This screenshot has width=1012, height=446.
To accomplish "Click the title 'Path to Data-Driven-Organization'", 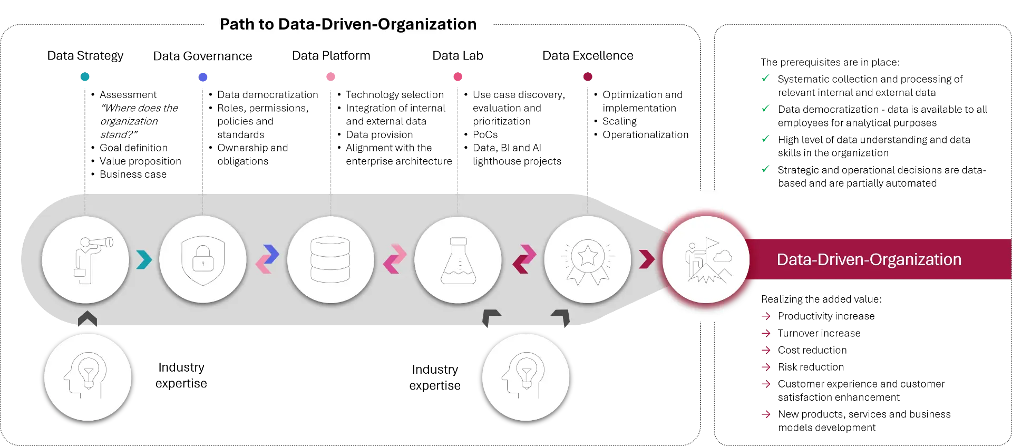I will (348, 24).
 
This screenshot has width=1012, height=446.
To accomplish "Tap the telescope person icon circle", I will (85, 259).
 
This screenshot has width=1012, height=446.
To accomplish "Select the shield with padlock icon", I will (203, 259).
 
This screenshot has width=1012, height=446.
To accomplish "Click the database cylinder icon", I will (330, 259).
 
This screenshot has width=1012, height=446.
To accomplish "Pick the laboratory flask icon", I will (458, 259).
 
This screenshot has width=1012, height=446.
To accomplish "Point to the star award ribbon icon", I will (587, 259).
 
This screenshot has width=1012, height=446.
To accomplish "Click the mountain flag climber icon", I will (706, 259).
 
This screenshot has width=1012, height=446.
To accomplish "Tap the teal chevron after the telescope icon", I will (144, 259).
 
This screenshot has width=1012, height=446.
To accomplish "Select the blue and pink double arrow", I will (267, 259).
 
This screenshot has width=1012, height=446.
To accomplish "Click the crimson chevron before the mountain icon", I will (646, 259).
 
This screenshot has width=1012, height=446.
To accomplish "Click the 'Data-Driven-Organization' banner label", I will (869, 259).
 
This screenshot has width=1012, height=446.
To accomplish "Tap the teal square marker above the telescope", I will (86, 77).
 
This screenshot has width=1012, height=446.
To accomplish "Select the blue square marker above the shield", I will (204, 77).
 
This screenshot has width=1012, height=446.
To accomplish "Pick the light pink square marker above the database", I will (330, 78).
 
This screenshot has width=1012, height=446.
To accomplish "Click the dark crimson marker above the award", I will (588, 77).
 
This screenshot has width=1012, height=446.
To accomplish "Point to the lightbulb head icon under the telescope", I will (87, 377).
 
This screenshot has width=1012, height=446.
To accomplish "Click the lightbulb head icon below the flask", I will (526, 377).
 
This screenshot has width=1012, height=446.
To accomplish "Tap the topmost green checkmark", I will (765, 78).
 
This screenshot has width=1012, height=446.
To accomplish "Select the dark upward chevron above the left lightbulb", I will (87, 319).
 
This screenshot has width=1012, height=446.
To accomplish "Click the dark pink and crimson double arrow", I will (524, 259).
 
